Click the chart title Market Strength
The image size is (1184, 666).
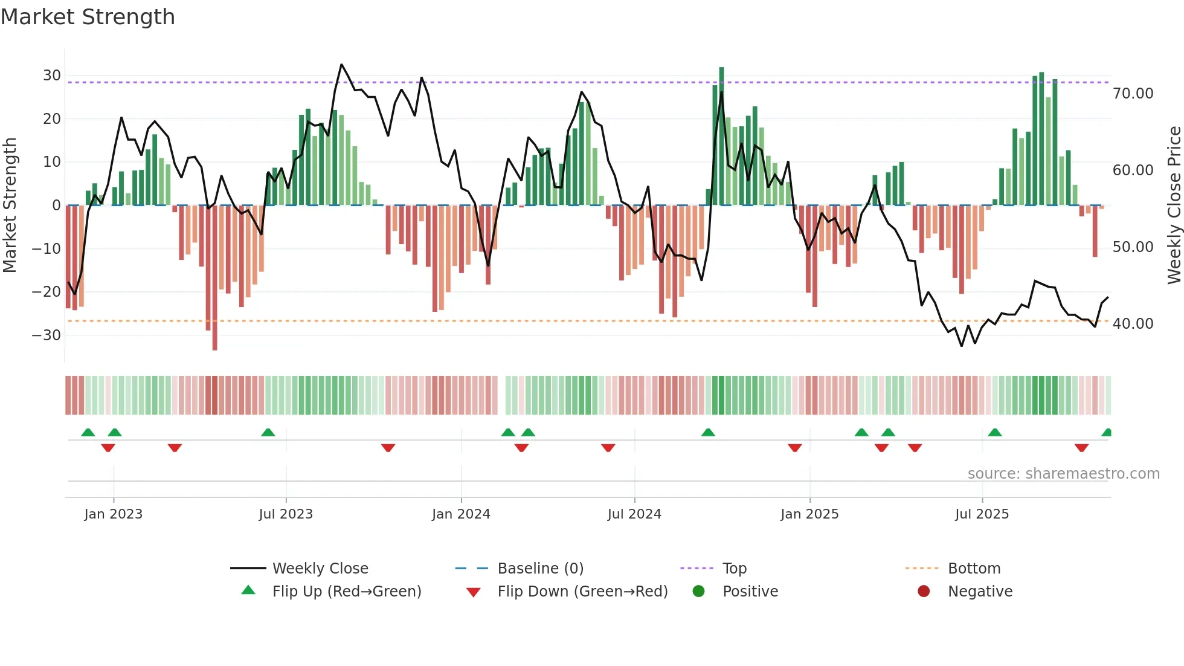click(x=88, y=17)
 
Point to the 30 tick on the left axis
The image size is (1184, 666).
click(x=52, y=76)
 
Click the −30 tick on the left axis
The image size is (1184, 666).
click(x=47, y=335)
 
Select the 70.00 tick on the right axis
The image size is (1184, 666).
click(x=1133, y=94)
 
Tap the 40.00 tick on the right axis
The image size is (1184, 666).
click(x=1133, y=324)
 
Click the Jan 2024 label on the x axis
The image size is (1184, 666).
click(x=461, y=514)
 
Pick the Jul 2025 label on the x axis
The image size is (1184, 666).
click(x=982, y=514)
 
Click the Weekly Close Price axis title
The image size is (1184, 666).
click(x=1174, y=205)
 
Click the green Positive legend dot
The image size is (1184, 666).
click(x=699, y=592)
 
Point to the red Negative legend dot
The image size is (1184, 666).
click(x=924, y=592)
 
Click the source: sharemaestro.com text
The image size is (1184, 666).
click(x=1063, y=474)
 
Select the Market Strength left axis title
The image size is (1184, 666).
click(x=10, y=205)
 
